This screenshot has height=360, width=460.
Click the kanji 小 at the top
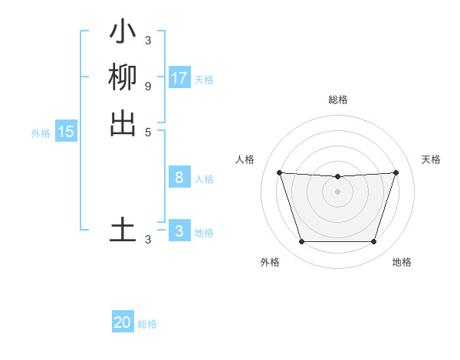pyautogui.click(x=123, y=33)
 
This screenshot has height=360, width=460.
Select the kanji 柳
pyautogui.click(x=123, y=77)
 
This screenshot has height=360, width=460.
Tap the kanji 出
pyautogui.click(x=123, y=123)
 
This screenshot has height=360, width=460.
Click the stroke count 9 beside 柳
pyautogui.click(x=147, y=86)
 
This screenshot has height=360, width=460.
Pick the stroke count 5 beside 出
pyautogui.click(x=147, y=131)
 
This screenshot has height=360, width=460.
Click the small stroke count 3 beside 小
pyautogui.click(x=147, y=41)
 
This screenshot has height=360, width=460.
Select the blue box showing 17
pyautogui.click(x=179, y=78)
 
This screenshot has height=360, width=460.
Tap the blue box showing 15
pyautogui.click(x=66, y=132)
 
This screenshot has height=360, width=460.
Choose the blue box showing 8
pyautogui.click(x=179, y=178)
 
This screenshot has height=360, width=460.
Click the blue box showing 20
pyautogui.click(x=123, y=322)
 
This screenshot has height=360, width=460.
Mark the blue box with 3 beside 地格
pyautogui.click(x=179, y=231)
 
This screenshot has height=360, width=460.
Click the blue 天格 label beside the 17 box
pyautogui.click(x=204, y=80)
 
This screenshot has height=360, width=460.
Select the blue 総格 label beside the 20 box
pyautogui.click(x=147, y=324)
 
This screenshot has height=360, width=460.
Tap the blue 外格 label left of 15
pyautogui.click(x=41, y=133)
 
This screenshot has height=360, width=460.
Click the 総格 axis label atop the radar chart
pyautogui.click(x=338, y=100)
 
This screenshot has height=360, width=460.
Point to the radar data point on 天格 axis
pyautogui.click(x=396, y=172)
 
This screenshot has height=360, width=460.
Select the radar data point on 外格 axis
pyautogui.click(x=301, y=242)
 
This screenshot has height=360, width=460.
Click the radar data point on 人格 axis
pyautogui.click(x=279, y=172)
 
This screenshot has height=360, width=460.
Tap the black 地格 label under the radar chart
pyautogui.click(x=402, y=262)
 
